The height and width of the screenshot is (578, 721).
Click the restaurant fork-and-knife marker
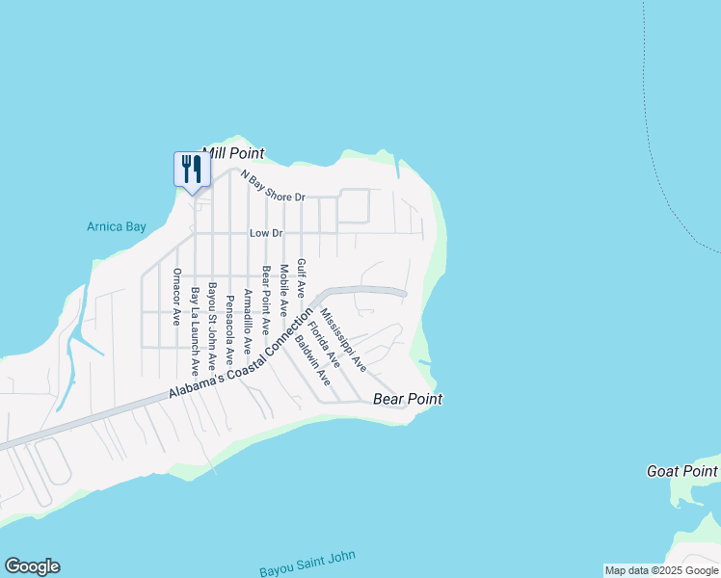pyautogui.click(x=190, y=170)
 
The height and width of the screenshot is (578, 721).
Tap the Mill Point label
pyautogui.click(x=232, y=153)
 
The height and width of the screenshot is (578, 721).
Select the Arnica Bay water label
pyautogui.click(x=116, y=227)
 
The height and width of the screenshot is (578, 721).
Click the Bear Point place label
pyautogui.click(x=407, y=399)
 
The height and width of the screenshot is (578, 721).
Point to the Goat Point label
pyautogui.click(x=681, y=471)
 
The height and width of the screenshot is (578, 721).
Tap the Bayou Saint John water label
pyautogui.click(x=307, y=564)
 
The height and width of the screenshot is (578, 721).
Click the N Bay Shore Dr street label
pyautogui.click(x=273, y=186)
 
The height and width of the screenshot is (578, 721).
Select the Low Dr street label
pyautogui.click(x=265, y=233)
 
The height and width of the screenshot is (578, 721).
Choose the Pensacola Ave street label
pyautogui.click(x=229, y=328)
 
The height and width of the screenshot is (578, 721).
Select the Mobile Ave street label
pyautogui.click(x=283, y=290)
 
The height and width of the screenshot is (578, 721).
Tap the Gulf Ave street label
pyautogui.click(x=301, y=277)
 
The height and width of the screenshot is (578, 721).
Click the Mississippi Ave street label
pyautogui.click(x=344, y=340)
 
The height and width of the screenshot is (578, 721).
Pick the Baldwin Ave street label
pyautogui.click(x=313, y=360)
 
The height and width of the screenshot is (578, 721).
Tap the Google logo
pyautogui.click(x=32, y=566)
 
